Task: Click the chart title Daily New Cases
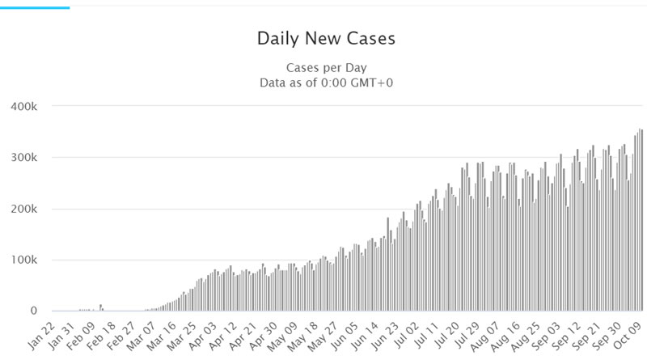(x=326, y=38)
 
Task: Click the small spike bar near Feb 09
(x=100, y=307)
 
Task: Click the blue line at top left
(x=35, y=7)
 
